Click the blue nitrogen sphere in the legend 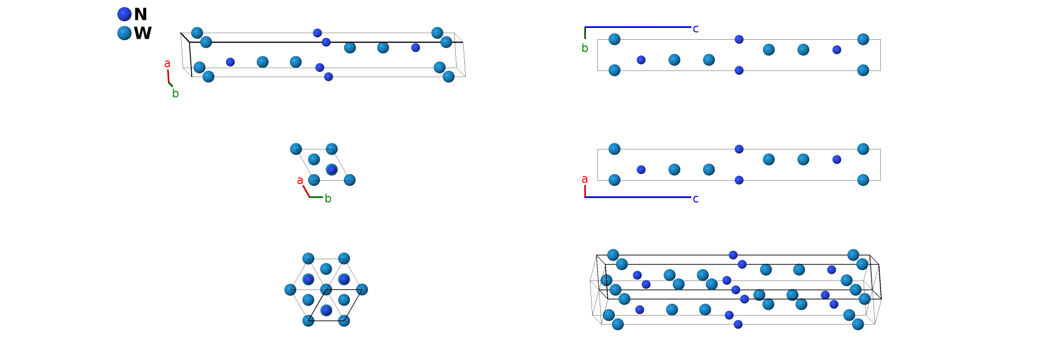click(124, 14)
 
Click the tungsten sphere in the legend click(124, 33)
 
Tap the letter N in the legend click(141, 14)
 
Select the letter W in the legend click(142, 33)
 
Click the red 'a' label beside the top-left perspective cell click(167, 63)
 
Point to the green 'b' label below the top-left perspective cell click(176, 94)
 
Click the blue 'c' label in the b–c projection click(696, 29)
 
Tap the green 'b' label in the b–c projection click(585, 48)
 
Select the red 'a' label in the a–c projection click(585, 179)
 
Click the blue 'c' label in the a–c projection click(696, 199)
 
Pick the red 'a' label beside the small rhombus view click(300, 180)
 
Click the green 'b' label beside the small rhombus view click(328, 199)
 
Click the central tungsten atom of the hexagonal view click(326, 290)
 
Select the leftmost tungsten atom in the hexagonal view click(290, 290)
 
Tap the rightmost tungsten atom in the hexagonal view click(362, 290)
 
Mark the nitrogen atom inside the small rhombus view click(332, 169)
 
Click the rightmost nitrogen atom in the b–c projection click(837, 50)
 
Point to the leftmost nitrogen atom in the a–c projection click(641, 169)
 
